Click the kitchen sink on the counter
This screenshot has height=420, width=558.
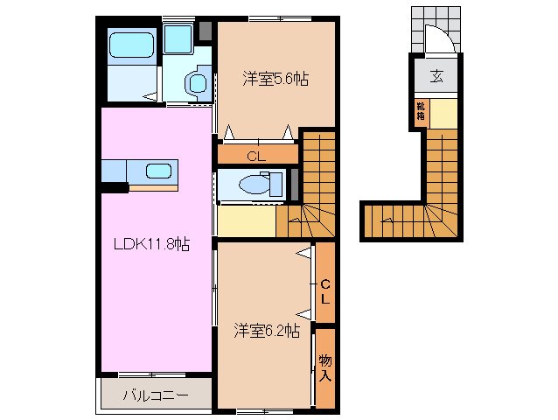tap(157, 171)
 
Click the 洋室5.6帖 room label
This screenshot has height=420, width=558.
tap(276, 78)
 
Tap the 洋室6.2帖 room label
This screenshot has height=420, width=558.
tap(267, 331)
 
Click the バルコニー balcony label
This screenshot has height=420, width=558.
tap(155, 395)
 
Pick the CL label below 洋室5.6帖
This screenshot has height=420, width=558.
tap(255, 157)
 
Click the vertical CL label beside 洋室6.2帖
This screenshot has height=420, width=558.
tap(324, 291)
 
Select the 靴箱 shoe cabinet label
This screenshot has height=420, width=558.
tap(422, 110)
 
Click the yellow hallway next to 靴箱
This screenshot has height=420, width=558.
tap(443, 112)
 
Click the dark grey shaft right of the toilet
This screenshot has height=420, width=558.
tap(295, 183)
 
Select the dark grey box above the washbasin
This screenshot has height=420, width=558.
tap(206, 32)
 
